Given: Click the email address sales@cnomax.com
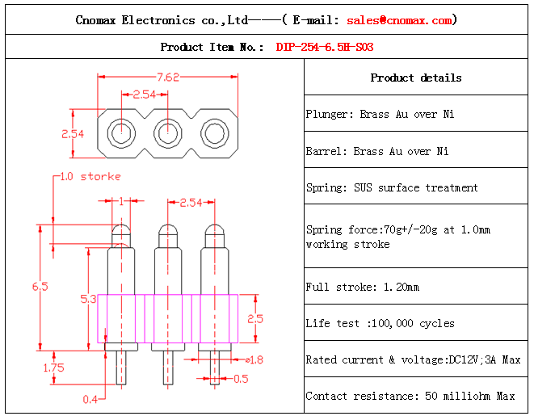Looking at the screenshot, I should pos(399,20).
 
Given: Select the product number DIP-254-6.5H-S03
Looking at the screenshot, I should pos(325,47).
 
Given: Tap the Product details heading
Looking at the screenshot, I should pos(416,78).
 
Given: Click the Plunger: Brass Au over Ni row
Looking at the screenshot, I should pos(380,115).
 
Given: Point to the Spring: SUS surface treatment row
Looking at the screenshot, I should pos(392,187).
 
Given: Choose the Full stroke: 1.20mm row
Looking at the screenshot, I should pos(363,287).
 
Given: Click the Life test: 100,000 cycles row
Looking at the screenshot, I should pos(380,323).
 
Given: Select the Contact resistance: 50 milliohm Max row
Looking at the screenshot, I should pos(410,396).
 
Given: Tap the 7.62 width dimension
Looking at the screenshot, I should pos(168,78).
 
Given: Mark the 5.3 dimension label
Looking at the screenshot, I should pos(88,300).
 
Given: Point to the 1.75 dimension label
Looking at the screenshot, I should pos(53,368).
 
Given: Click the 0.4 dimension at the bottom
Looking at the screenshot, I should pos(90,398).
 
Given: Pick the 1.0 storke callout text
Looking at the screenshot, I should pos(90,176).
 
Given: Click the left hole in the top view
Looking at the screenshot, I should pos(121,132).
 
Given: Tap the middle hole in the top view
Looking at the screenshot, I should pos(167,132).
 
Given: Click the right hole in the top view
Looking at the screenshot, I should pos(214,132).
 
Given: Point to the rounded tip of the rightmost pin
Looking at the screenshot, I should pos(213,229).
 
